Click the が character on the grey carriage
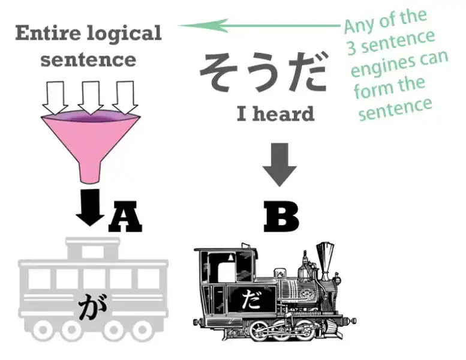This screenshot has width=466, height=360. click(91, 307)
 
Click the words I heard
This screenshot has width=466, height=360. click(275, 113)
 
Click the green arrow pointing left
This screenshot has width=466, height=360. click(258, 25)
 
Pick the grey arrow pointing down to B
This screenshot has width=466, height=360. click(279, 164)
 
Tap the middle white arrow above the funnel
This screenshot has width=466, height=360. click(90, 96)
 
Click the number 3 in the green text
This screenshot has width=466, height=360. click(352, 48)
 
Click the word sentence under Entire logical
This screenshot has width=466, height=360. click(89, 59)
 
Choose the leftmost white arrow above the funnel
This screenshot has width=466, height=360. click(56, 96)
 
